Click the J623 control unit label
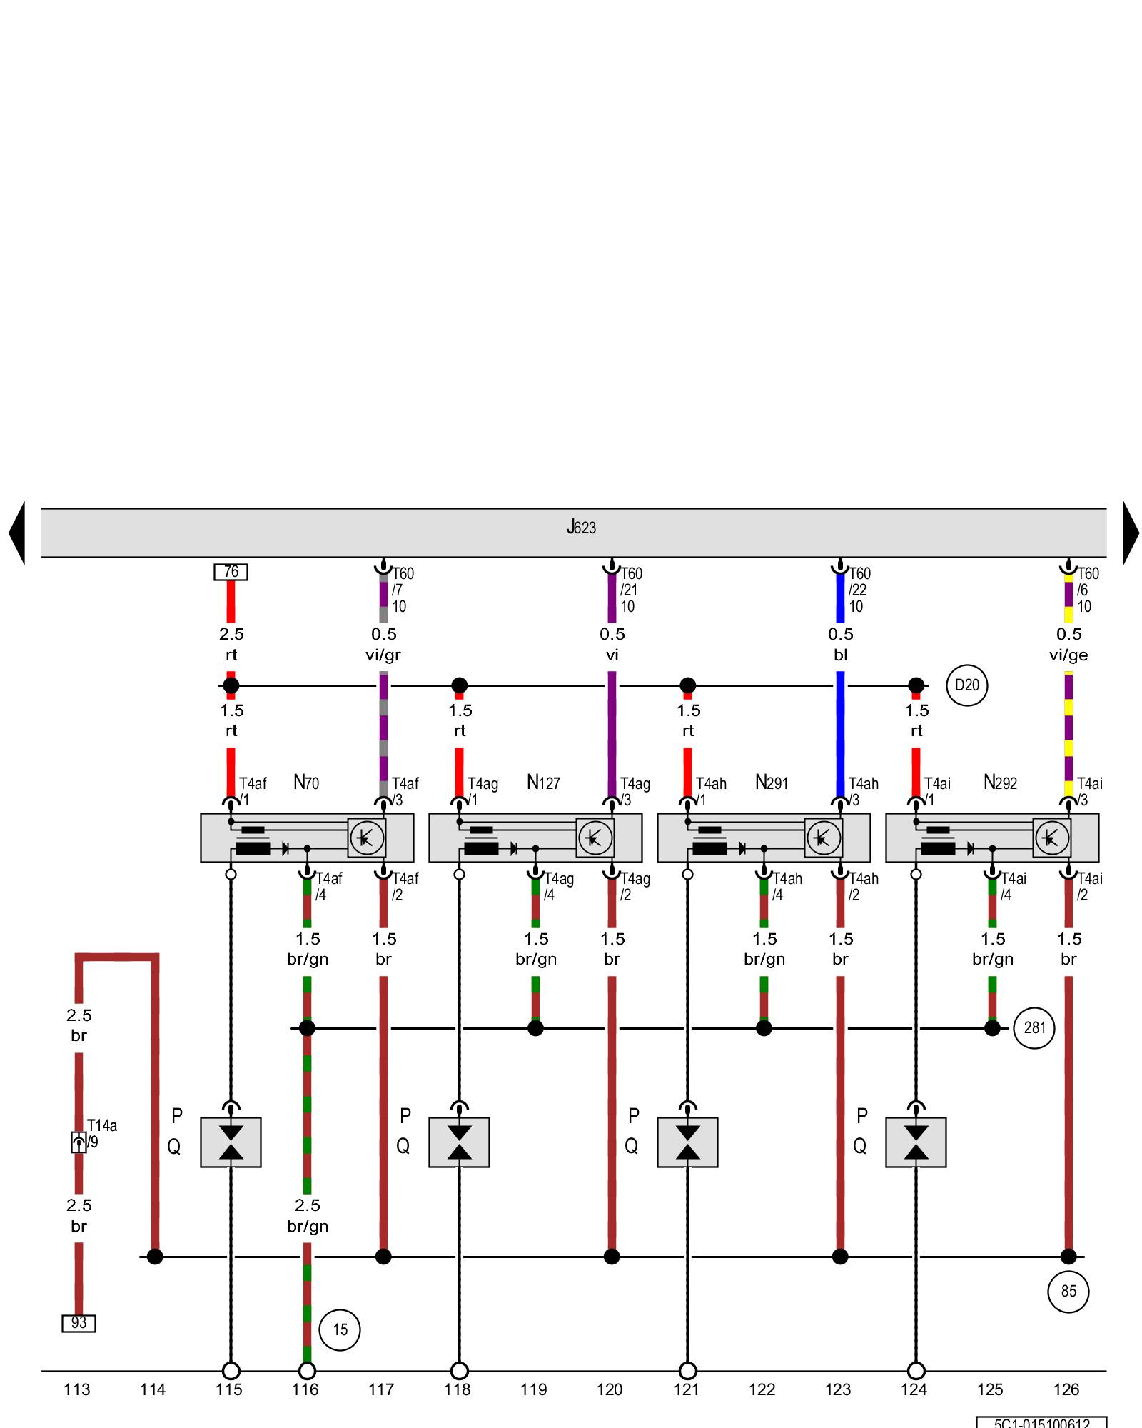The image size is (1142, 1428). tap(581, 528)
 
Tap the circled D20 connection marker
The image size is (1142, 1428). tap(966, 685)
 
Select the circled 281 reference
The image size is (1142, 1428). tap(1034, 1028)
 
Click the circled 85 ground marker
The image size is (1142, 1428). tap(1068, 1291)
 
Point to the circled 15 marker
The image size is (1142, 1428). tap(340, 1329)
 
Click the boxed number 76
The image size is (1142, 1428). tap(231, 572)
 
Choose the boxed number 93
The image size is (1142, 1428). tap(79, 1323)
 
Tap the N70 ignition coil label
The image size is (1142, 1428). tap(306, 783)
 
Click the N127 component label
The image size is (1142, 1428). tap(543, 783)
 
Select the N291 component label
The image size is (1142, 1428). tap(772, 783)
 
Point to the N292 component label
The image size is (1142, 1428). tap(1000, 783)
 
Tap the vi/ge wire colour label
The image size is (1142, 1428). tap(1068, 655)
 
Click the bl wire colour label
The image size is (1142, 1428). tap(840, 655)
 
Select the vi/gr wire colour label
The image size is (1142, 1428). tap(383, 655)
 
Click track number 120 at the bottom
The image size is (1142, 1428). tap(610, 1389)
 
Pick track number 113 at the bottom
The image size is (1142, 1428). tap(77, 1389)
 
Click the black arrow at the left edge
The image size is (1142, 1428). tap(17, 533)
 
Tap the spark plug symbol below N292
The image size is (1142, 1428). tap(916, 1142)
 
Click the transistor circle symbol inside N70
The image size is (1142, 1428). tap(367, 838)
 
